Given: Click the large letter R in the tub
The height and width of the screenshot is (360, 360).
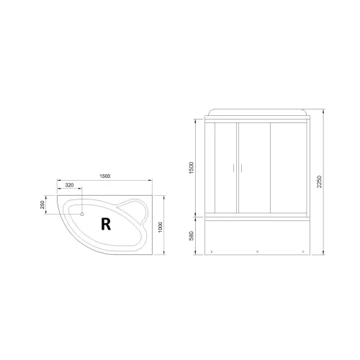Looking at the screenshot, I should point(106,223).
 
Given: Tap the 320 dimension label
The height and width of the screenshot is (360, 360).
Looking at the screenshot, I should point(69,186).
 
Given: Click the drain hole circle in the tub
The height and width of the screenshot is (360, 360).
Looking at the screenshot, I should point(81,214).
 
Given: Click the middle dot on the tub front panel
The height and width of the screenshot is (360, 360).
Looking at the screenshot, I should point(257,252).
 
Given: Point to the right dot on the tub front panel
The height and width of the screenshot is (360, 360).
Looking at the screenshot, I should point(293,252).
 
